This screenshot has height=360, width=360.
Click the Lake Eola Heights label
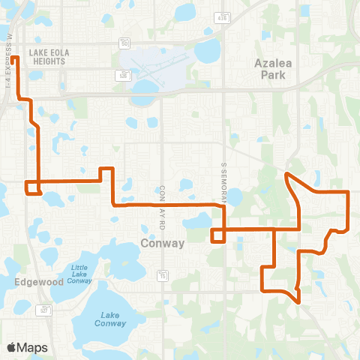(x=46, y=57)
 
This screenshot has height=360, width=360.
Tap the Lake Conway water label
(x=110, y=319)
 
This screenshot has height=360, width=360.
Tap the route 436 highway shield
(x=220, y=16)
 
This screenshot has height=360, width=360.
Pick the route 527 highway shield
(x=46, y=309)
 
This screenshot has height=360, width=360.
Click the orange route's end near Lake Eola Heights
(x=13, y=57)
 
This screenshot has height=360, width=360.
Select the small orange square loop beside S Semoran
(x=217, y=235)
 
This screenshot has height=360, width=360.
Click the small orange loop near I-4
(x=32, y=187)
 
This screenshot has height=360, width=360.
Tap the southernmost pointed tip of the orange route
(x=299, y=302)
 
